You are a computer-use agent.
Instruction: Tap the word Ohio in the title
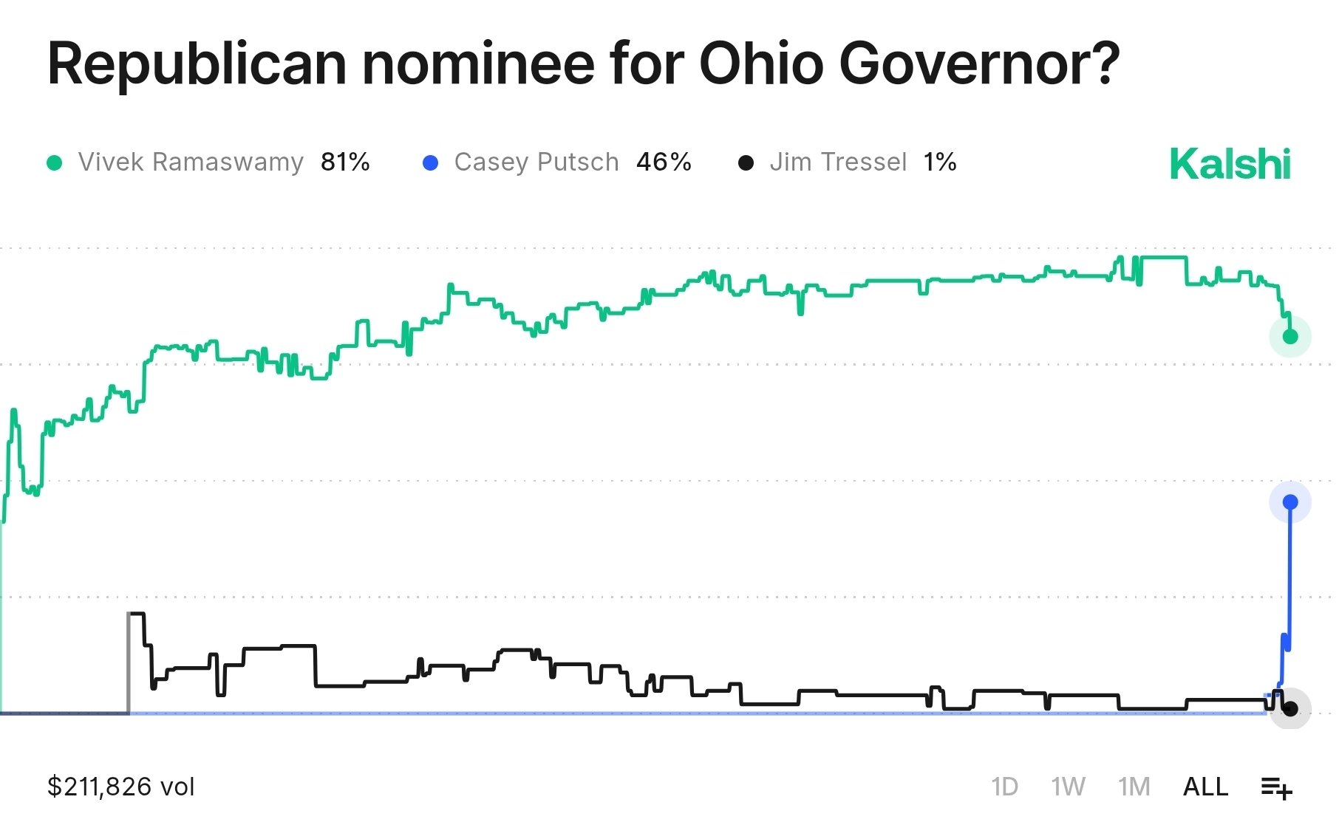coord(761,64)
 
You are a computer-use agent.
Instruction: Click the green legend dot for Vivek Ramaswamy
coord(54,162)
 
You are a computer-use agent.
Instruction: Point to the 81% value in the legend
coord(345,162)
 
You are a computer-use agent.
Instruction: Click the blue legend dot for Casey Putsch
coord(430,162)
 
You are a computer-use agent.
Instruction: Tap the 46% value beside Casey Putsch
coord(664,162)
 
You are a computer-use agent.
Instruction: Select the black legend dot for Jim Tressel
coord(746,162)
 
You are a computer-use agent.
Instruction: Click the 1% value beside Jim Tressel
coord(940,162)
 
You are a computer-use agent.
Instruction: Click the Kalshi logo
coord(1230,164)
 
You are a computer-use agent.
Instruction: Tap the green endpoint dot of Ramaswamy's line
coord(1290,337)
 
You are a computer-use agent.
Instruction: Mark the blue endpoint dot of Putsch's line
coord(1290,502)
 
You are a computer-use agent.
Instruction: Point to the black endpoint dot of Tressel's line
coord(1290,709)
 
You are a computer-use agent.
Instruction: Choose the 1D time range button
coord(1004,787)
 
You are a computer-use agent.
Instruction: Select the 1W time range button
coord(1068,787)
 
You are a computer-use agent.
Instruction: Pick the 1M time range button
coord(1134,787)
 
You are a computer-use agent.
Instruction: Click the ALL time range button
coord(1205,787)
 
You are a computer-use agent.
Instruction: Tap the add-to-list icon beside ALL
coord(1276,788)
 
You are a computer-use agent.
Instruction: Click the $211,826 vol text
coord(121,787)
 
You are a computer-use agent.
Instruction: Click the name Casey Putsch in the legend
coord(536,162)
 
